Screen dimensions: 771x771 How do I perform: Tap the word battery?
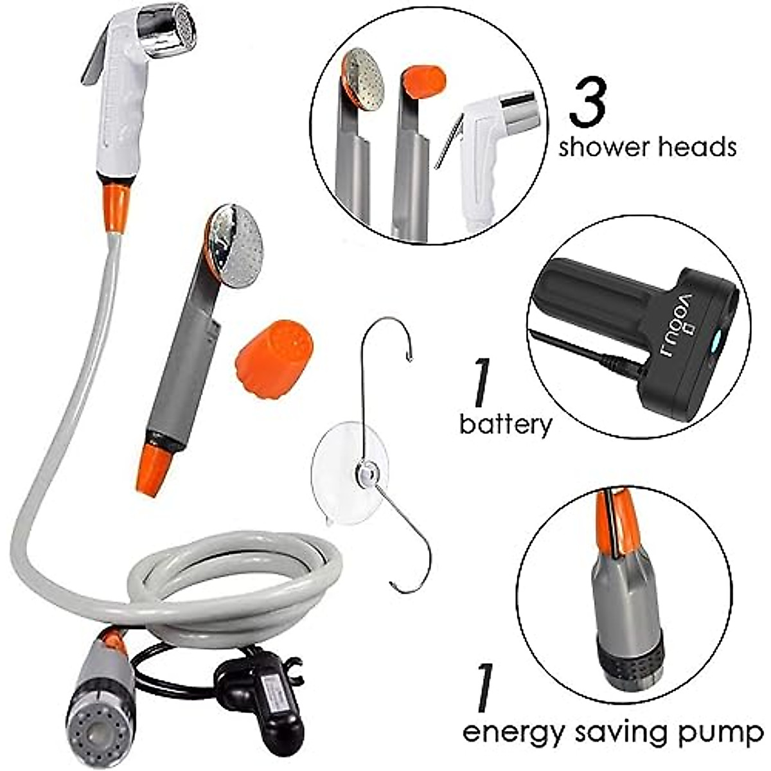point(506,425)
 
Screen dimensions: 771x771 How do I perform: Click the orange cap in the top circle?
point(425,80)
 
